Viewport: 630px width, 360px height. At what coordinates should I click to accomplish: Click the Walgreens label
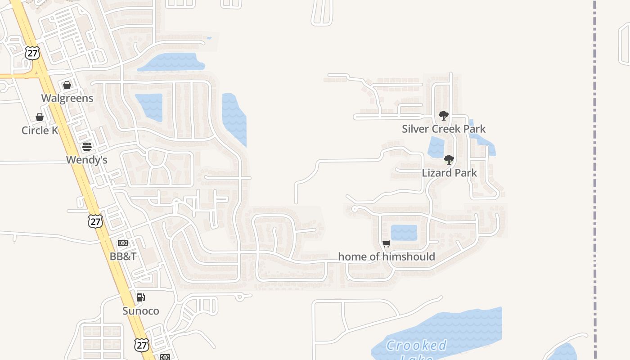tap(67, 98)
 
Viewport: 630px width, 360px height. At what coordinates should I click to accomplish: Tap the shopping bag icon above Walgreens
tap(67, 85)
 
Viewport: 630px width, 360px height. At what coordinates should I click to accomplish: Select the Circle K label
tap(40, 130)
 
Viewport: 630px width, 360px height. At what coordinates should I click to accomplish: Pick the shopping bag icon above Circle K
tap(40, 117)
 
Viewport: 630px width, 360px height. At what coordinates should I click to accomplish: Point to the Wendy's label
tap(87, 160)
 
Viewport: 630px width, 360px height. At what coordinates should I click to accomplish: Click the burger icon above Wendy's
tap(87, 147)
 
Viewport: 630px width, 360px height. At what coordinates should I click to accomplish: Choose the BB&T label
tap(123, 256)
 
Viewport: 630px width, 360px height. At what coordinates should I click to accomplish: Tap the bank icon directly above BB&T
tap(123, 243)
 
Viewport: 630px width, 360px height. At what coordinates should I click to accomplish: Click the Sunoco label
tap(141, 311)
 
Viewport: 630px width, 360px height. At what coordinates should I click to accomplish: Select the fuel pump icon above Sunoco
tap(141, 297)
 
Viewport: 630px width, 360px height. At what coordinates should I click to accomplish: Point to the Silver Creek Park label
tap(444, 129)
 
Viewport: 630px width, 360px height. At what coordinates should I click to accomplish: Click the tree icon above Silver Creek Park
tap(444, 116)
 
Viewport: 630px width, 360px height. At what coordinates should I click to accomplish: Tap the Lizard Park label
tap(449, 173)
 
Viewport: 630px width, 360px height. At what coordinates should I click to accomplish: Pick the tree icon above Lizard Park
tap(449, 159)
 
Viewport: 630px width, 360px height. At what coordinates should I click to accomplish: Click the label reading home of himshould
tap(387, 257)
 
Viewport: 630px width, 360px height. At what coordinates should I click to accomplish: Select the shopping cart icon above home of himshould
tap(387, 244)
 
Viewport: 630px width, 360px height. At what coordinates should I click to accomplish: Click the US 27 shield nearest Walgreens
tap(32, 53)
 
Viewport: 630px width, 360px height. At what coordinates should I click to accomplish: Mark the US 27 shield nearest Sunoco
tap(141, 345)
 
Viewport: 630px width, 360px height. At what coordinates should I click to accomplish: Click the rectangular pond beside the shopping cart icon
tap(404, 233)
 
